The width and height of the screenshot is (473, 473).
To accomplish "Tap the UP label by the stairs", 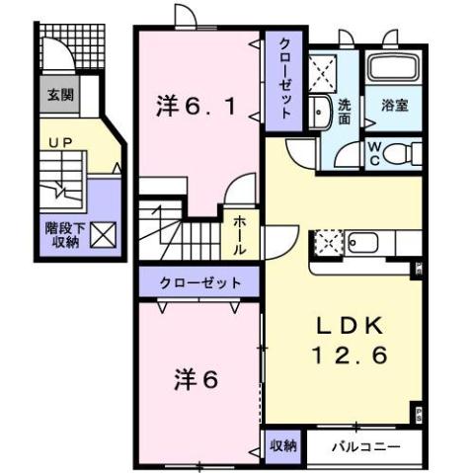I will tap(59, 143).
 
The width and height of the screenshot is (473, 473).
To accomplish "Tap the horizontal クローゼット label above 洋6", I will tap(200, 283).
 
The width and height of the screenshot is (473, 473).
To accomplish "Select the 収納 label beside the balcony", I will tap(282, 445).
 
